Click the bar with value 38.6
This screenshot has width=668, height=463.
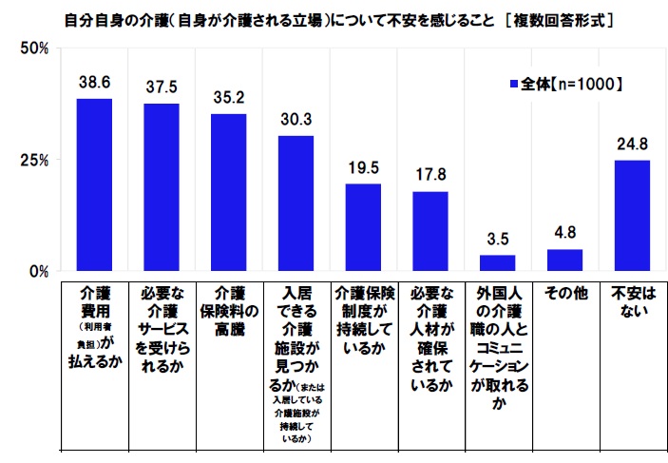(94, 184)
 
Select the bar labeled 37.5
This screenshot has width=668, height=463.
(162, 186)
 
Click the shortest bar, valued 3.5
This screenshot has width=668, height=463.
(497, 262)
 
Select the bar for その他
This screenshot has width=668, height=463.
(564, 260)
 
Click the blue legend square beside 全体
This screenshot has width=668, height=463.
(514, 85)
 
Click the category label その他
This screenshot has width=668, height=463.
(564, 294)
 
